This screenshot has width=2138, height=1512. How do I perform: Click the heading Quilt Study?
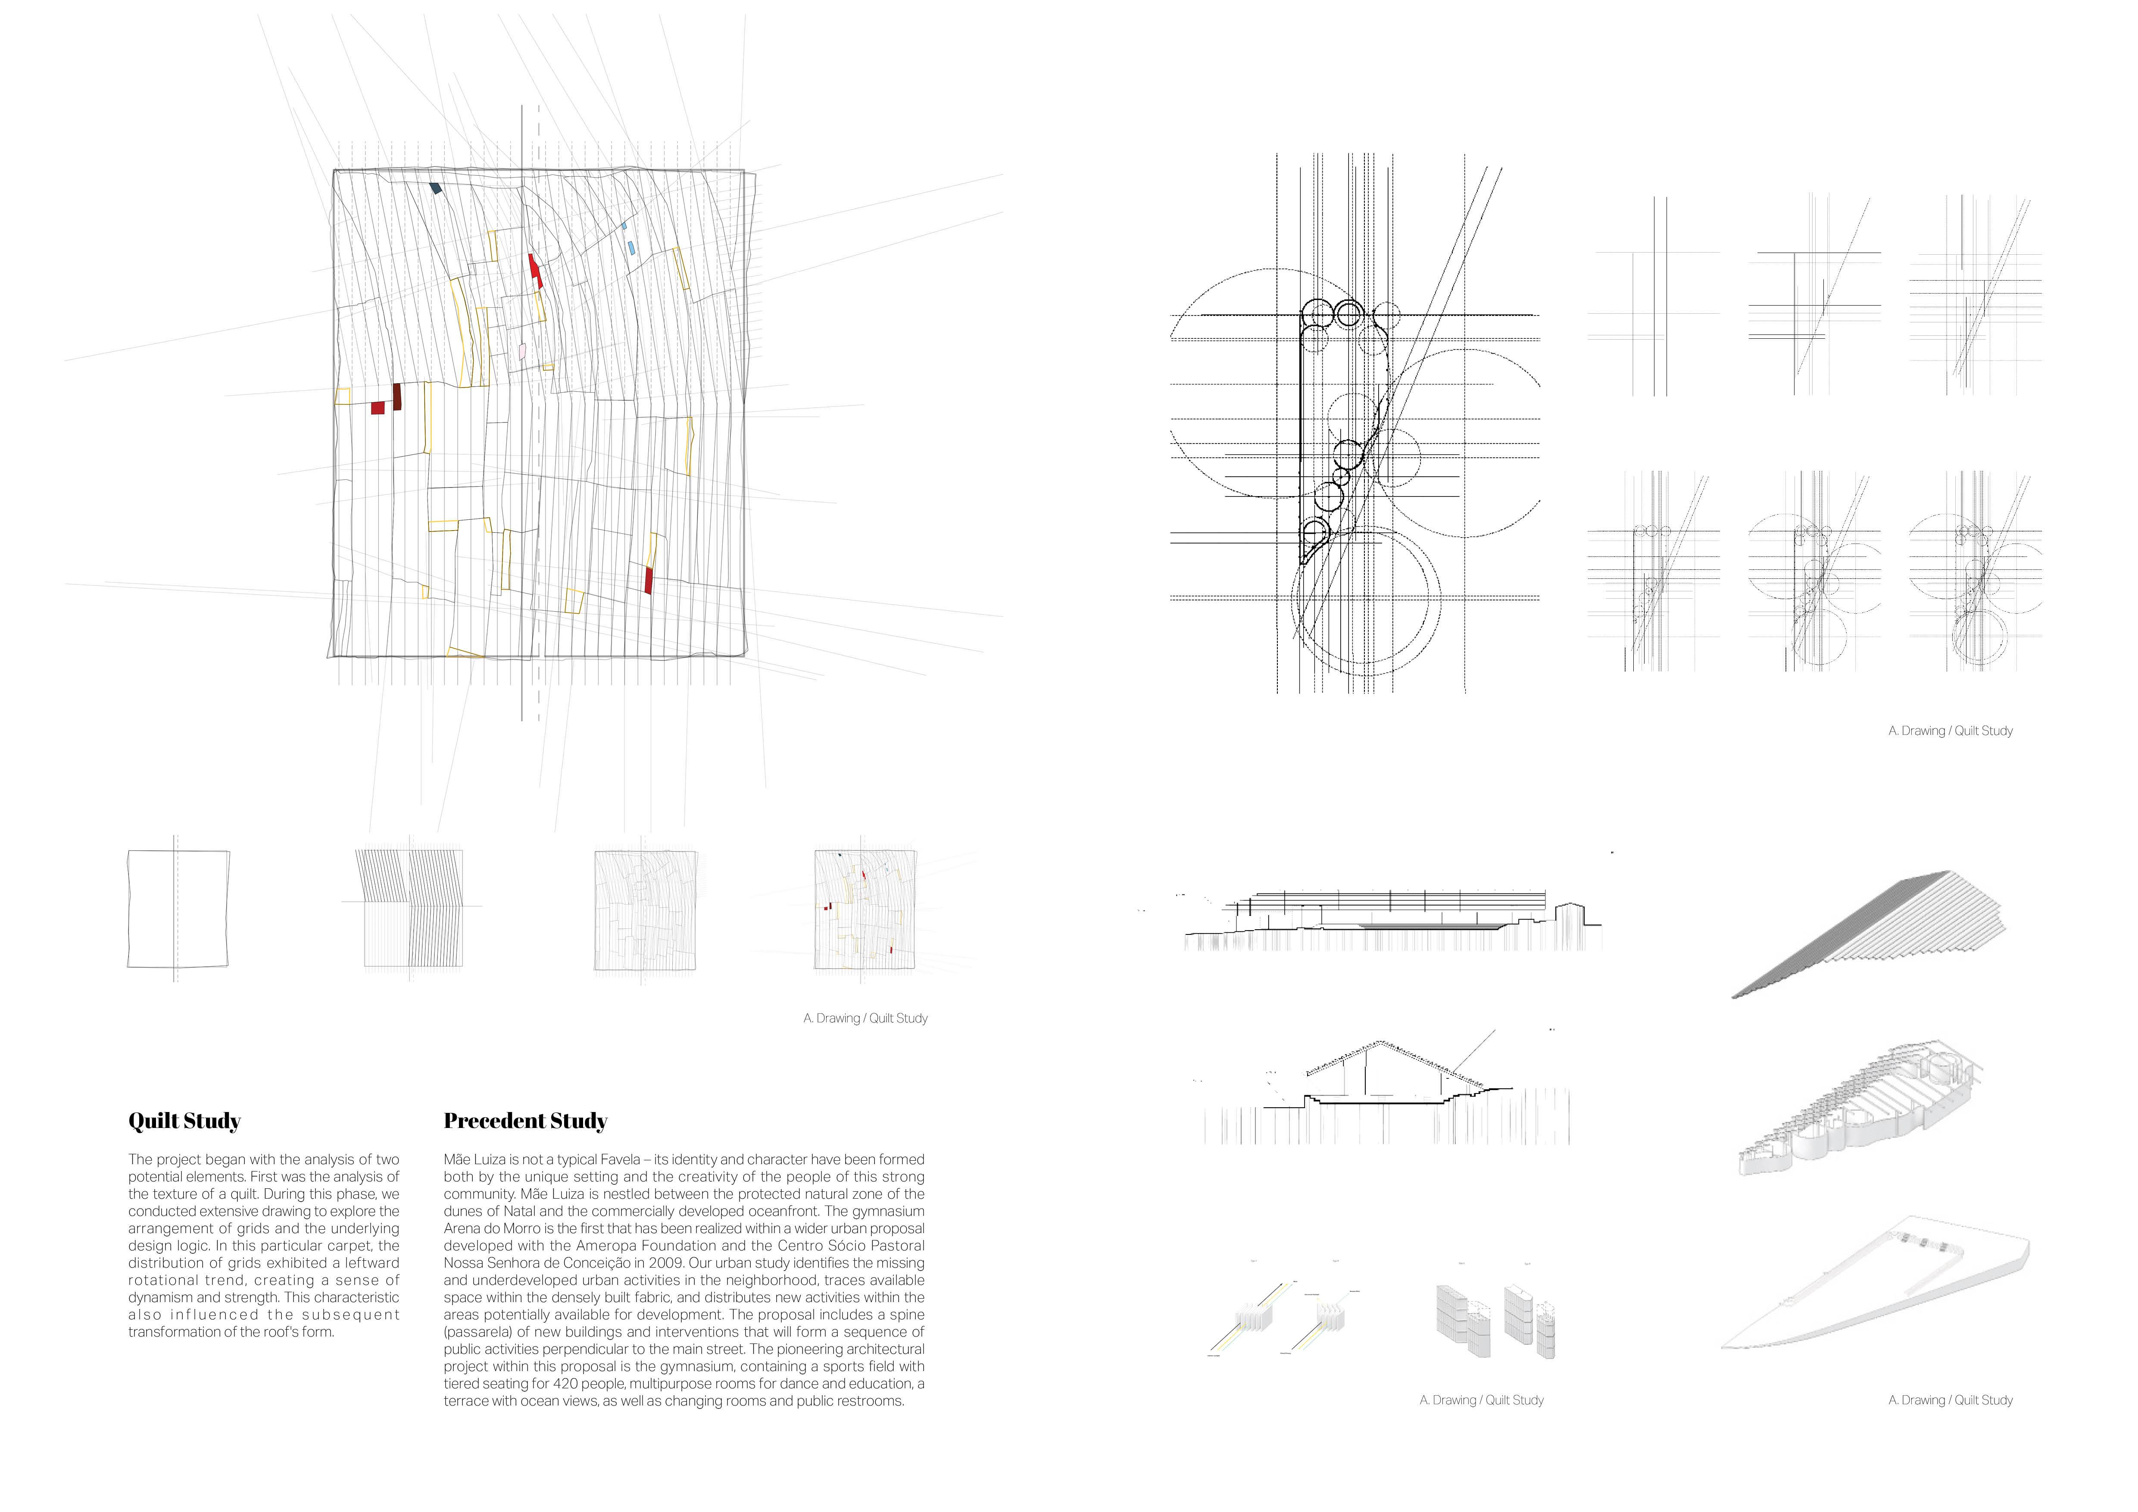coord(184,1121)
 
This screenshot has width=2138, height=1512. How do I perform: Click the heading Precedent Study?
coord(525,1121)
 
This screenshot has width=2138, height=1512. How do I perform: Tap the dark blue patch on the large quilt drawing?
coord(435,188)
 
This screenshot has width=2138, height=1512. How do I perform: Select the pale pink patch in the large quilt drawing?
coord(522,351)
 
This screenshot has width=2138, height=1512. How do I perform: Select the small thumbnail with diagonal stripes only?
coord(411,909)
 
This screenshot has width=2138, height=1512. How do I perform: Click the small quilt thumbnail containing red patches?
coord(865,909)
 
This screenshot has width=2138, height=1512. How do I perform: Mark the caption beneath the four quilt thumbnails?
coord(865,1018)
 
